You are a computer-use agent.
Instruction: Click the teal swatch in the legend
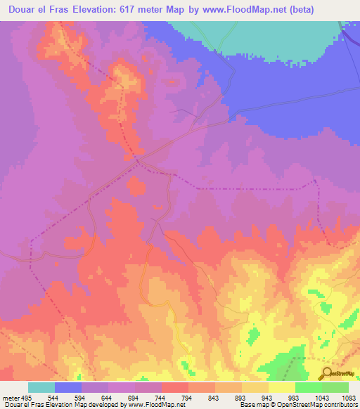(41, 387)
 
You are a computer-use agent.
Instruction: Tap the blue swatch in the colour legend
(68, 387)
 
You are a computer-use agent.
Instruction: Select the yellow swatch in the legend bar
(281, 387)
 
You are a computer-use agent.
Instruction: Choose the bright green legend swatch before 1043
(308, 387)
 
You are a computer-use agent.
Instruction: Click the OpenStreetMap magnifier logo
(327, 373)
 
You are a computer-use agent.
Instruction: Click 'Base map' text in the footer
(254, 405)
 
